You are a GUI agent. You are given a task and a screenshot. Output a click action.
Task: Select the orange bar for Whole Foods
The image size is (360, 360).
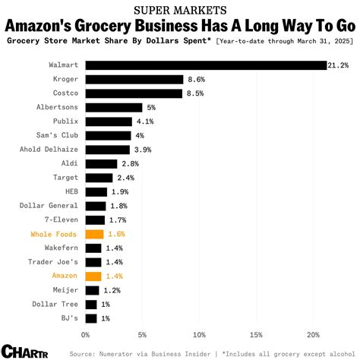(94, 234)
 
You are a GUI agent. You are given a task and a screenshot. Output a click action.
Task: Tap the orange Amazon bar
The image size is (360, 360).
(93, 276)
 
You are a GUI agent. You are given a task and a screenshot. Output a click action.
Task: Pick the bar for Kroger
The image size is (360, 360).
(134, 79)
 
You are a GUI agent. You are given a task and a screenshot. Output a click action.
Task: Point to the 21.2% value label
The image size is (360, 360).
(339, 65)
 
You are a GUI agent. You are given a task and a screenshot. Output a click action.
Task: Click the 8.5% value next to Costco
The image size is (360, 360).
(195, 93)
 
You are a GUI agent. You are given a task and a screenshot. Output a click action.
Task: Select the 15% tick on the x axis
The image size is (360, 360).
(256, 334)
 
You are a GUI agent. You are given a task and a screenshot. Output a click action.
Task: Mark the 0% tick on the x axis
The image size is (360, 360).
(86, 334)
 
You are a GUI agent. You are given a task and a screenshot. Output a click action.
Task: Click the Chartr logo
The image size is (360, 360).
(23, 351)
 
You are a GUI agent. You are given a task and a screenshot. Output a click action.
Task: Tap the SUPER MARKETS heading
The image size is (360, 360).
(180, 11)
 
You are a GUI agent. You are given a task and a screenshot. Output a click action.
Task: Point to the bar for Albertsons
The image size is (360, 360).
(114, 107)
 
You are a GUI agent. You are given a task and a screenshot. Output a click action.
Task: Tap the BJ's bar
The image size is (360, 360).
(91, 318)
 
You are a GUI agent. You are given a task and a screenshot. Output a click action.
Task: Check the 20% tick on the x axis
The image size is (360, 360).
(313, 334)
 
